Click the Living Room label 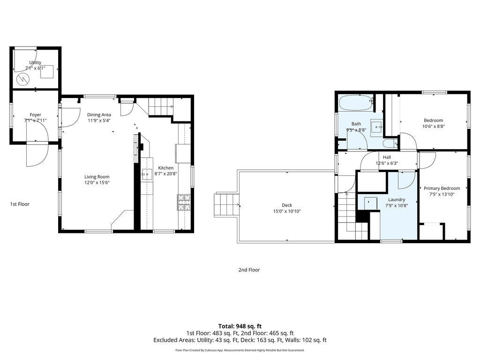pos(97,177)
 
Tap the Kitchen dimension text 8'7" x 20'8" pos(166,173)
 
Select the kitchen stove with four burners pos(184,202)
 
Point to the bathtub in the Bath pos(356,103)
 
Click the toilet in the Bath pos(390,143)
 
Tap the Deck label pos(287,205)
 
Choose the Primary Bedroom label pos(442,188)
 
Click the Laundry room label pos(397,200)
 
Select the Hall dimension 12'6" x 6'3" pos(387,163)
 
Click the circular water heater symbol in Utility pos(22,80)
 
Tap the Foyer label pos(36,115)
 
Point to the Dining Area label pos(99,115)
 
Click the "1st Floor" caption pos(20,204)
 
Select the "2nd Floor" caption pos(249,270)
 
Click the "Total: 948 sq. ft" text pos(240,326)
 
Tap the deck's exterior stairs pos(225,205)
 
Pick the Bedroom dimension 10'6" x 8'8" pos(434,126)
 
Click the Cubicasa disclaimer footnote pos(240,350)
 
